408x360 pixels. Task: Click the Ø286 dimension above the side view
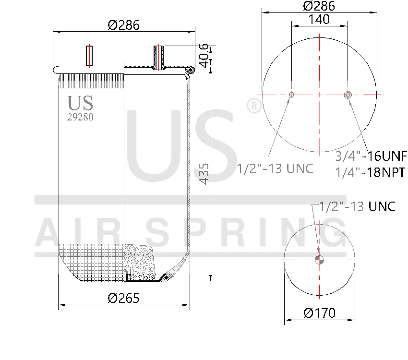point(123,25)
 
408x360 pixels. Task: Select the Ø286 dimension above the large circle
point(319,6)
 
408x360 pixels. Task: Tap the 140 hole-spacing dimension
point(319,19)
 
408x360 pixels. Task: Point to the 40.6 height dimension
point(204,55)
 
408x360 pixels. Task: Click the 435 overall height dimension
point(204,173)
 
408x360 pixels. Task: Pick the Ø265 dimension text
point(123,298)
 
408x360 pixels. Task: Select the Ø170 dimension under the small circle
point(319,313)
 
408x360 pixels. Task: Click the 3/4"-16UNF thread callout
point(371,156)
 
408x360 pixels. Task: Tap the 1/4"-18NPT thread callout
point(371,172)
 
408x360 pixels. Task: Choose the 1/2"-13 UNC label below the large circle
point(275,168)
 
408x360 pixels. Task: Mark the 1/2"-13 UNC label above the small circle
point(358,206)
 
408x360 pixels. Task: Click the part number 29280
point(80,117)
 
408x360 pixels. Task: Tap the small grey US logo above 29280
point(80,103)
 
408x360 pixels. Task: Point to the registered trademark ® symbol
point(253,107)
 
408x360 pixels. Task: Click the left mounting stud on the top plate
point(89,55)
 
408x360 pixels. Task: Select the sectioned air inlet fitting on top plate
point(159,57)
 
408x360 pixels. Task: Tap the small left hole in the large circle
point(291,95)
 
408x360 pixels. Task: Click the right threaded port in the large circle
point(348,95)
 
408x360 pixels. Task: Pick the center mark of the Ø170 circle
point(319,260)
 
